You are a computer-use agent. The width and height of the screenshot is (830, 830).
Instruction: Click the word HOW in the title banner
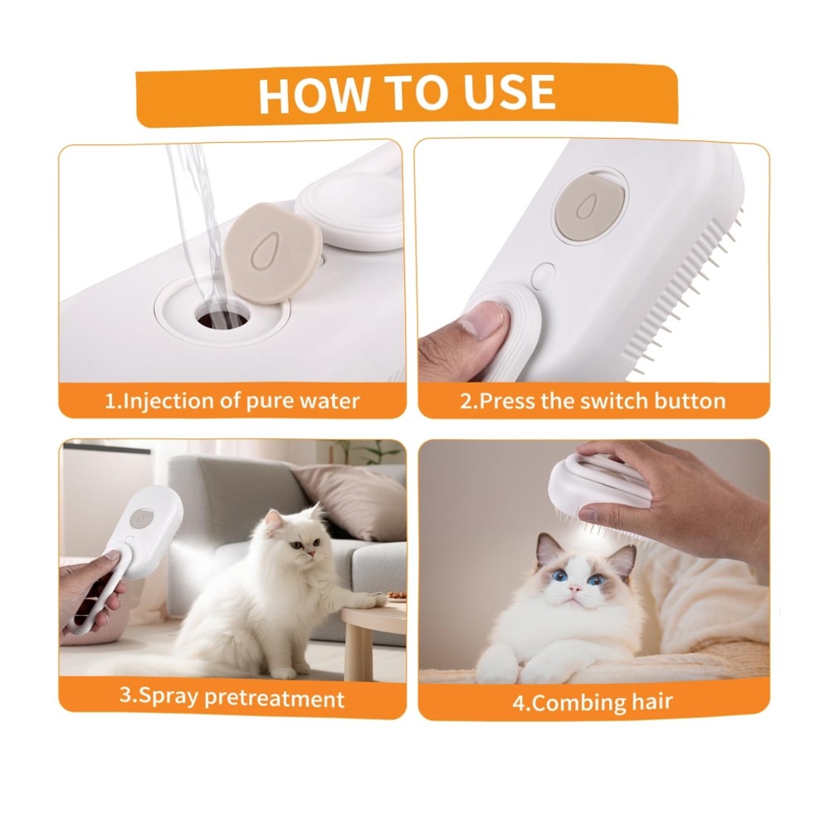click(x=313, y=95)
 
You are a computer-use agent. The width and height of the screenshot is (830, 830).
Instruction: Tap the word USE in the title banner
click(x=510, y=92)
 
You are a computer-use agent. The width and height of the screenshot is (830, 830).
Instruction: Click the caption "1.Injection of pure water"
click(x=232, y=401)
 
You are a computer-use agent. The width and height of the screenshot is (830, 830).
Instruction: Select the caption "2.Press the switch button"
click(x=593, y=401)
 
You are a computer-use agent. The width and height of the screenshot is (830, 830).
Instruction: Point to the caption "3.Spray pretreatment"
click(x=232, y=697)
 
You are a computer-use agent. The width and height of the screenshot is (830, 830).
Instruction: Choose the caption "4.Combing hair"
click(x=593, y=702)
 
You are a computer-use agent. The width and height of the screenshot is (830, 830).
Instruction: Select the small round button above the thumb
click(x=543, y=276)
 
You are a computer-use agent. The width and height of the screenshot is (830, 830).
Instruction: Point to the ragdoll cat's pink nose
click(x=574, y=589)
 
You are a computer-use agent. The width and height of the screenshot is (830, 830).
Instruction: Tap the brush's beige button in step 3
click(x=141, y=519)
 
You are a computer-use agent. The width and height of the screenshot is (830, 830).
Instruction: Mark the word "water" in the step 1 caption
click(x=330, y=401)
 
